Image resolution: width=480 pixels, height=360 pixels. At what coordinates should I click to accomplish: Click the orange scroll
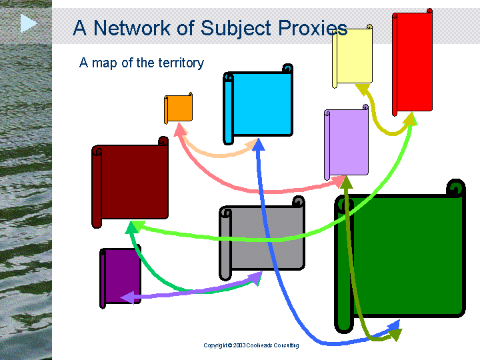click(x=179, y=108)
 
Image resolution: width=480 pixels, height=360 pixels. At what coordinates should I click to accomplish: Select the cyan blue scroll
click(x=258, y=104)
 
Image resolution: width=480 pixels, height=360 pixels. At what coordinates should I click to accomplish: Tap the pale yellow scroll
click(x=353, y=56)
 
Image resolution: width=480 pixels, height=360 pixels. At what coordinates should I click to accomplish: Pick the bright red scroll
click(x=413, y=62)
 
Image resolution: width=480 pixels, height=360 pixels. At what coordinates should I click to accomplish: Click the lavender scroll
click(x=346, y=143)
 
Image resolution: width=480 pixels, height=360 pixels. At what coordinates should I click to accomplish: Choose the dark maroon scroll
click(x=130, y=183)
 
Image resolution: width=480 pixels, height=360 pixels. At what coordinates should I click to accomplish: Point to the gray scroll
click(x=262, y=238)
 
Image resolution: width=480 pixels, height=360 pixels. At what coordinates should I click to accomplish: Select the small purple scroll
click(x=120, y=277)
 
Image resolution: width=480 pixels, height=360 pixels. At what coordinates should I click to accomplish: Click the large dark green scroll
click(x=400, y=256)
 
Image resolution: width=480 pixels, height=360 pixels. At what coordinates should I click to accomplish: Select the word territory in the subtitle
click(x=181, y=63)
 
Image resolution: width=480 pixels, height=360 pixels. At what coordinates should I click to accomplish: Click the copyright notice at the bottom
click(x=251, y=345)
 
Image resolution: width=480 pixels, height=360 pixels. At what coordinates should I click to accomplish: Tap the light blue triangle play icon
click(x=29, y=23)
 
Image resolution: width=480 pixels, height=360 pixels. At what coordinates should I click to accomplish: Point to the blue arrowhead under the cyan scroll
click(x=259, y=144)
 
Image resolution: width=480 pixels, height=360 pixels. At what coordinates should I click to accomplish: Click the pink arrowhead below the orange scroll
click(x=180, y=129)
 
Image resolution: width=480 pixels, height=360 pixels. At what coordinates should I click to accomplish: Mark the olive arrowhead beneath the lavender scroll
click(x=347, y=183)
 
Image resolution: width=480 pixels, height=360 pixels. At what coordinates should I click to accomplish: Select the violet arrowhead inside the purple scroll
click(x=127, y=297)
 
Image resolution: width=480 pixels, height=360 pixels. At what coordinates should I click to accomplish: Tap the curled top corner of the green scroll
click(x=456, y=188)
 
